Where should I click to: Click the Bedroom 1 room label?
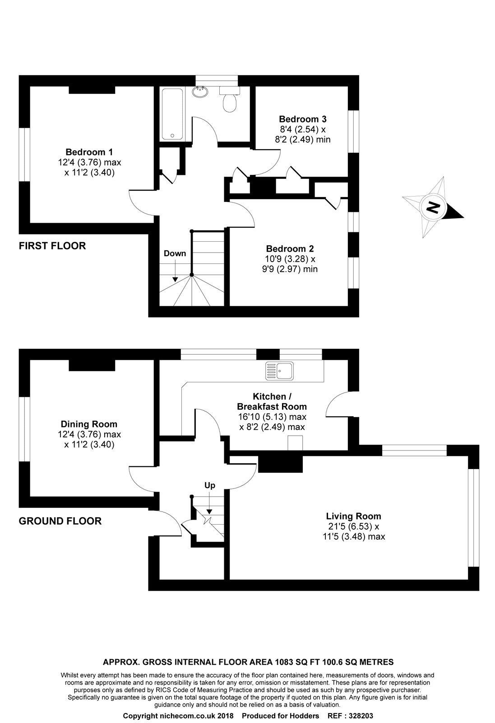[89, 152]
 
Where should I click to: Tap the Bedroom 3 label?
[302, 119]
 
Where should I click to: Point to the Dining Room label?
[89, 424]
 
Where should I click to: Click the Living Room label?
[353, 516]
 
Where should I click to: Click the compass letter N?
[433, 207]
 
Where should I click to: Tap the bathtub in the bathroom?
[172, 113]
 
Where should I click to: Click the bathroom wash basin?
[199, 92]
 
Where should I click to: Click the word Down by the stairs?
[175, 254]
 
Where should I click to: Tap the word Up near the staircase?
[210, 486]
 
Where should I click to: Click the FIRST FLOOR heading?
[52, 246]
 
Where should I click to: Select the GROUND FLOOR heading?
[60, 521]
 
